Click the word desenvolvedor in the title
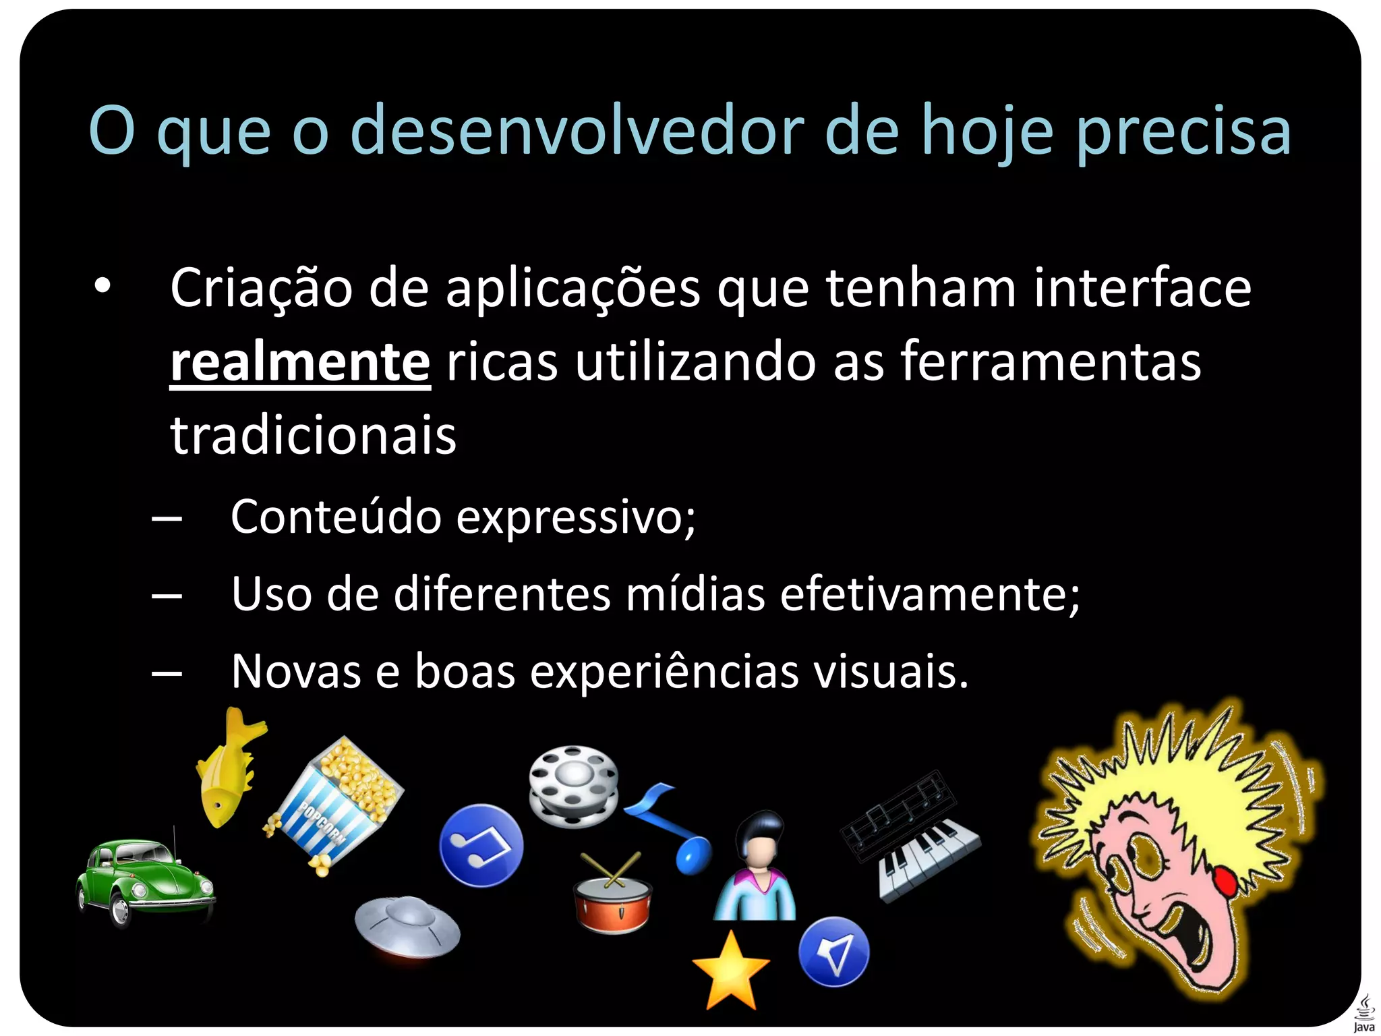click(x=577, y=131)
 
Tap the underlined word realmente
click(x=300, y=362)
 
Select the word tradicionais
click(x=314, y=436)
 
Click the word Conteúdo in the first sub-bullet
click(x=336, y=517)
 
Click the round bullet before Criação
click(x=102, y=286)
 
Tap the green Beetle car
click(x=144, y=880)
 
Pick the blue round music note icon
click(x=481, y=845)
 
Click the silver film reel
click(x=573, y=786)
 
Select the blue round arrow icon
click(x=833, y=952)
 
